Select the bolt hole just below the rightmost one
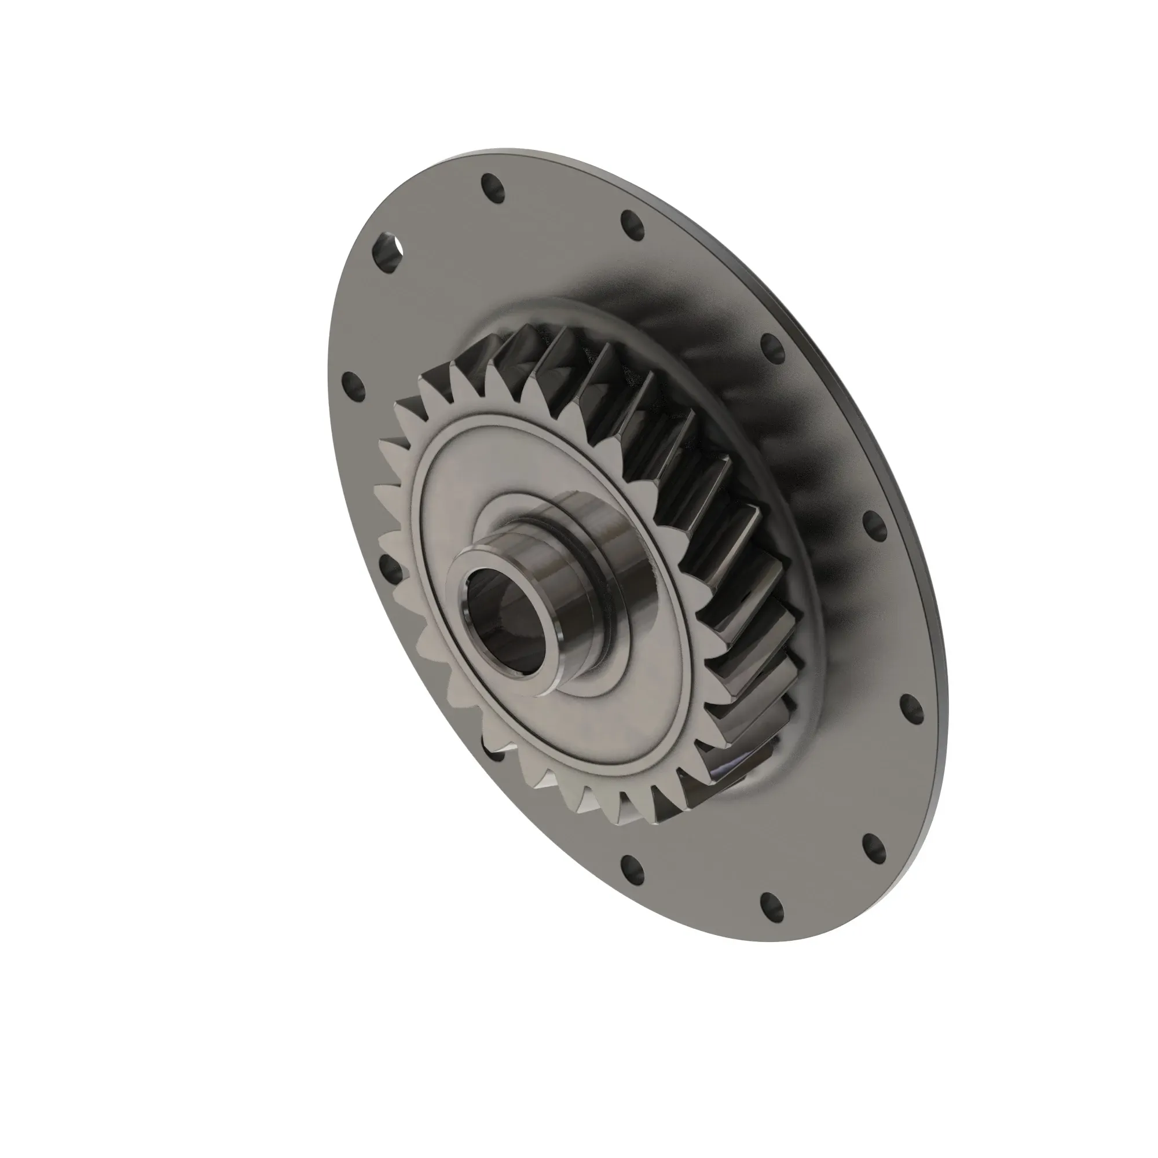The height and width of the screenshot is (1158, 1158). tap(874, 848)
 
